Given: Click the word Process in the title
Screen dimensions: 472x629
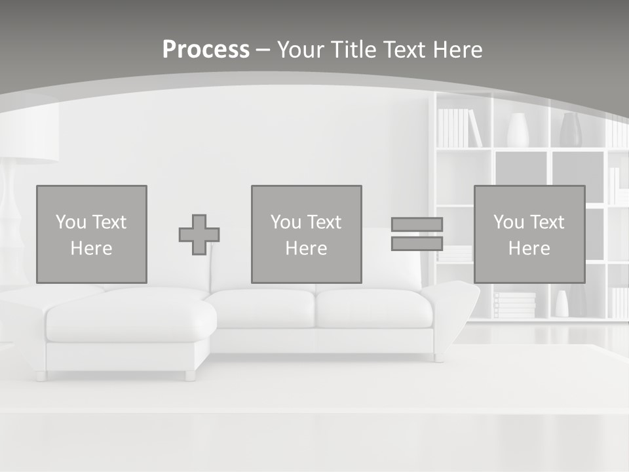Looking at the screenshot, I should point(206,50).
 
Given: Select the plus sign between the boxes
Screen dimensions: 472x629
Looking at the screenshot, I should point(199,235).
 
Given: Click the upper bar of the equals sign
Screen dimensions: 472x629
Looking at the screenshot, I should point(417,224).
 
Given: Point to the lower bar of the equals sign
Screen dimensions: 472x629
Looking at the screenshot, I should point(417,243).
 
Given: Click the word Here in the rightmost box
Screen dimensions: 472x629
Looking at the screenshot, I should point(529,248).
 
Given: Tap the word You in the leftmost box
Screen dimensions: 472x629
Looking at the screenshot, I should point(70,222).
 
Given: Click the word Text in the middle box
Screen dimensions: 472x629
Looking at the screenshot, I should point(324,222).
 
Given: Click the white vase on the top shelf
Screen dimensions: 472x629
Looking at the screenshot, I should point(518,130).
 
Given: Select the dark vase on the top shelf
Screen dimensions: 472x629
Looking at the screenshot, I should point(570,130).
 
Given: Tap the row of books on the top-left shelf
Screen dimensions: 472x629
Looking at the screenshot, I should point(459,128).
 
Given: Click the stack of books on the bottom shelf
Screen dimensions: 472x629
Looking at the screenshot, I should point(514,305).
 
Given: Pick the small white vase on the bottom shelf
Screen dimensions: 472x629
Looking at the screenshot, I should point(562,304).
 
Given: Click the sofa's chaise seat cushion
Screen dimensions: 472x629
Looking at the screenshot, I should point(131,320).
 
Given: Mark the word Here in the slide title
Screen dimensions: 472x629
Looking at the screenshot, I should point(457,50).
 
